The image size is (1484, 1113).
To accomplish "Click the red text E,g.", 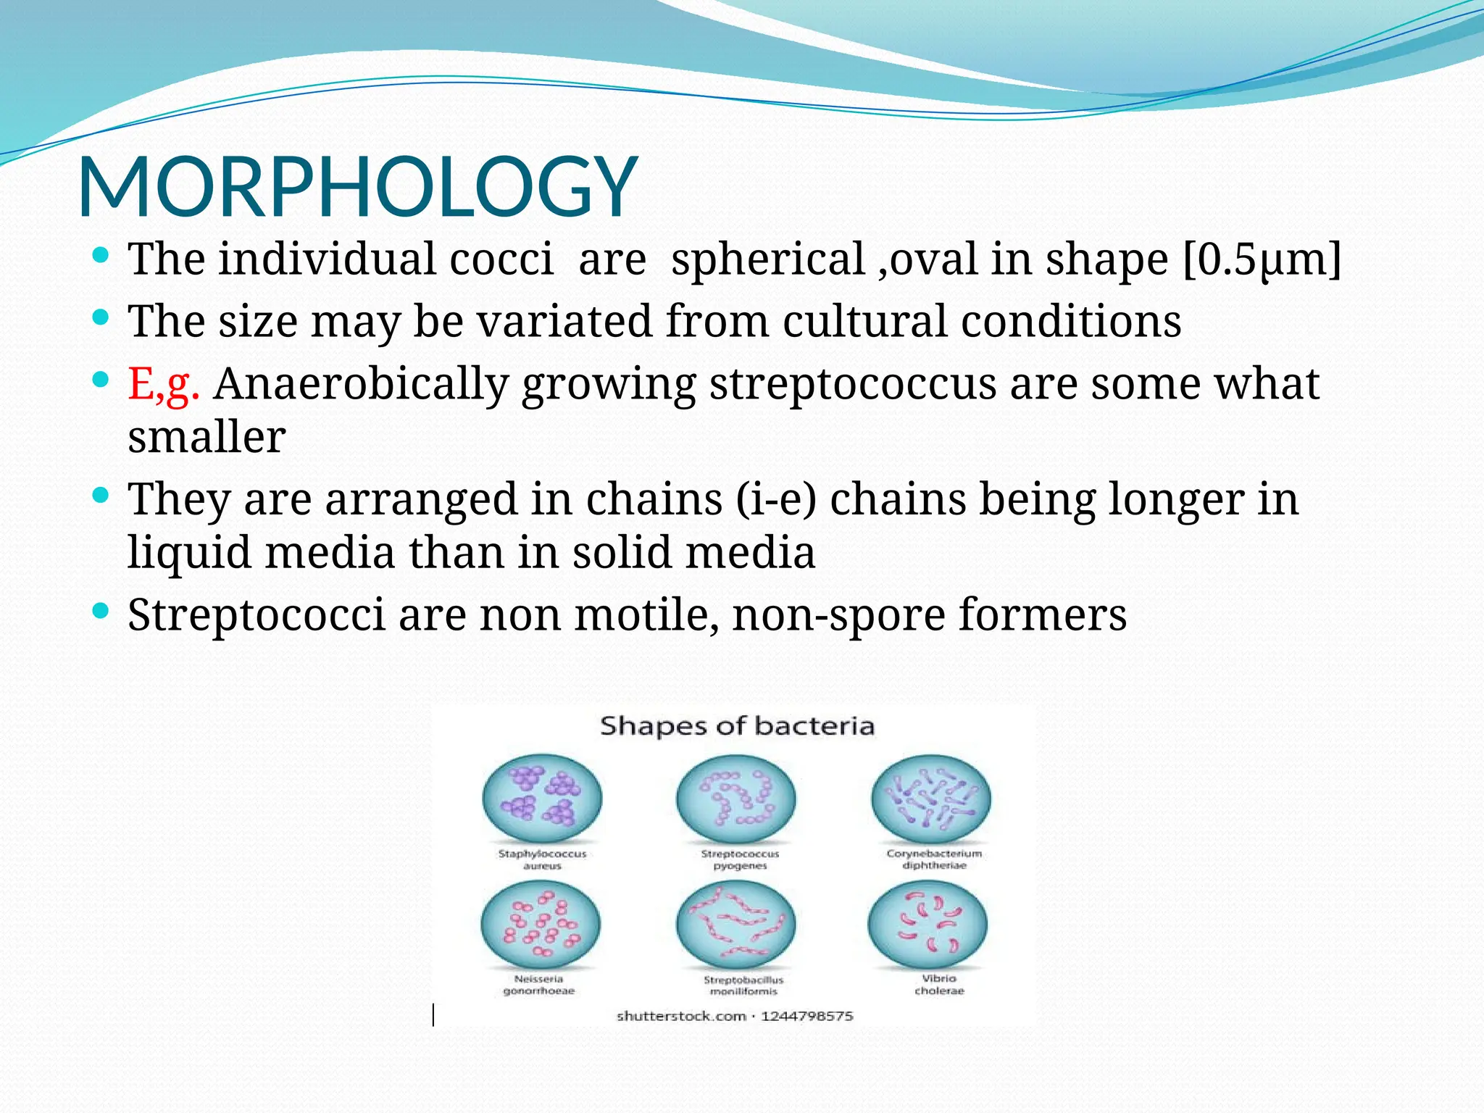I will coord(163,383).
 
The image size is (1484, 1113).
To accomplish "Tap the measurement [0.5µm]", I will coord(1262,259).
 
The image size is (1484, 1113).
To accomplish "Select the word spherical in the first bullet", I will coord(768,259).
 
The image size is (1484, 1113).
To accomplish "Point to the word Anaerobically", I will coord(361,383).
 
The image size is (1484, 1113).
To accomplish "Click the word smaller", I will coord(207,437).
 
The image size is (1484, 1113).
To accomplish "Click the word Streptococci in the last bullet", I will coord(257,615).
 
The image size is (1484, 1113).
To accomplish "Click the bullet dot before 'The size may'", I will coord(101,317).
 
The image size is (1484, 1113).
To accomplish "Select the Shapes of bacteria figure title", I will coord(737,726).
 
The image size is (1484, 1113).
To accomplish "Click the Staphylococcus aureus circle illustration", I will coord(542,799).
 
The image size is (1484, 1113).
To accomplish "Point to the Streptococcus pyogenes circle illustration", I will coord(735,799).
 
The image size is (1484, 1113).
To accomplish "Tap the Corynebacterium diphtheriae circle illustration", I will coord(930,799).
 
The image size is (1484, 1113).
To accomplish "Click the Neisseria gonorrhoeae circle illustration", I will coord(541,925).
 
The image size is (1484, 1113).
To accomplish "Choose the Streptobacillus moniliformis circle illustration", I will coord(735,925).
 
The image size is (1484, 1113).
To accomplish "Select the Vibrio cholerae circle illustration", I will coord(927,925).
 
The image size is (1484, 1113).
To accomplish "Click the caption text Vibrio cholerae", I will coord(939,985).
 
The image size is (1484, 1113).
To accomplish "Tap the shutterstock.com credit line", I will coord(735,1016).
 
